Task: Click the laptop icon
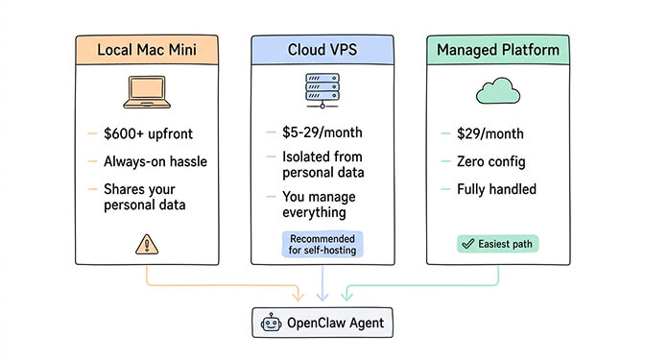[145, 92]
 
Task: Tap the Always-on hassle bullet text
[155, 162]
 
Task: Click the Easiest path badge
[496, 244]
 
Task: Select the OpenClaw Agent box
[322, 324]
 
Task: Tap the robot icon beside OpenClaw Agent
[271, 324]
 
